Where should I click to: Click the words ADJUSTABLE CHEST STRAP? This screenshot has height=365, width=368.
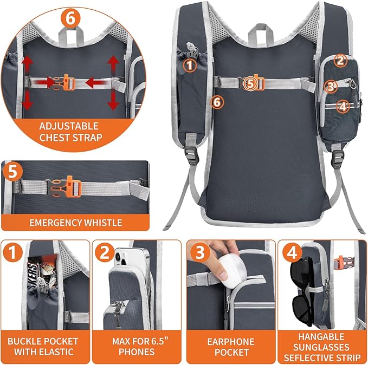70,131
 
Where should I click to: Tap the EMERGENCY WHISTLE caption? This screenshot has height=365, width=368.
76,222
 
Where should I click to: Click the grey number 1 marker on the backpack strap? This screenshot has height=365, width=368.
189,66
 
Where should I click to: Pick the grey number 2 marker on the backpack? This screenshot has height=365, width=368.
340,61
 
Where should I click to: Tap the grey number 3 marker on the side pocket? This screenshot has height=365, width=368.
330,86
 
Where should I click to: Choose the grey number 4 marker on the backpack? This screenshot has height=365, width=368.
341,107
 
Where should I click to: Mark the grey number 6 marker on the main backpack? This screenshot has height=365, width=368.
217,101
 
